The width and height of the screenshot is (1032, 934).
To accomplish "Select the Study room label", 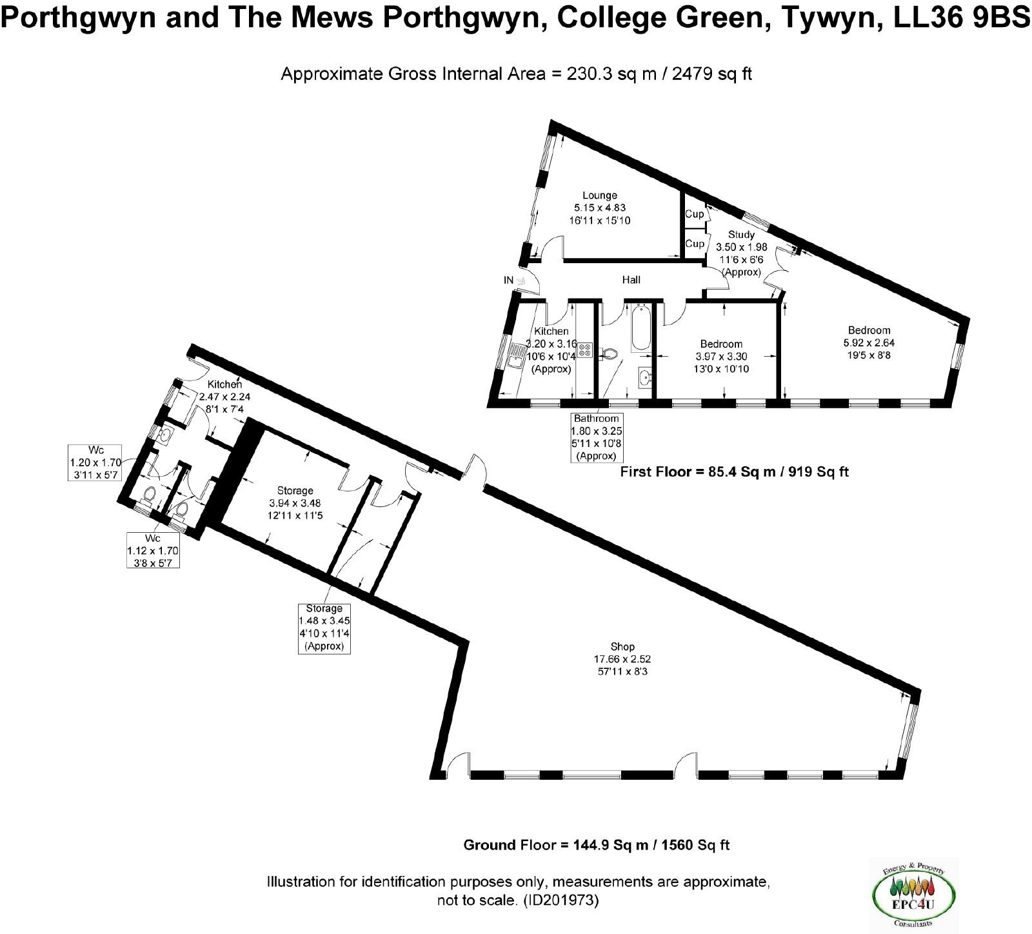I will tap(741, 235).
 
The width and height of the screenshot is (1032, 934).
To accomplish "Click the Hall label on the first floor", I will tap(631, 280).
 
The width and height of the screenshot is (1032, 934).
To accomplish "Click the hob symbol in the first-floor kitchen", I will tap(586, 350).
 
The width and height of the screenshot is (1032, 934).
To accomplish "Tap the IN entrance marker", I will tap(509, 281).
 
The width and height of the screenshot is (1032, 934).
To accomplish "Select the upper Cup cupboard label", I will tap(694, 214).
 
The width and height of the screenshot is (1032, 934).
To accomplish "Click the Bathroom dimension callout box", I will tap(597, 438).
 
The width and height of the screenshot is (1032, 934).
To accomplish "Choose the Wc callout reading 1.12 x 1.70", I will tap(152, 550).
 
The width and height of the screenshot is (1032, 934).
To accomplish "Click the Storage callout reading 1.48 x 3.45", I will tap(324, 628).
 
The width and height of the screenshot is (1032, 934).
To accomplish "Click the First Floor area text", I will tap(734, 472).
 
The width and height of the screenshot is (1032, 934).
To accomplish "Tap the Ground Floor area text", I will tap(597, 845).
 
